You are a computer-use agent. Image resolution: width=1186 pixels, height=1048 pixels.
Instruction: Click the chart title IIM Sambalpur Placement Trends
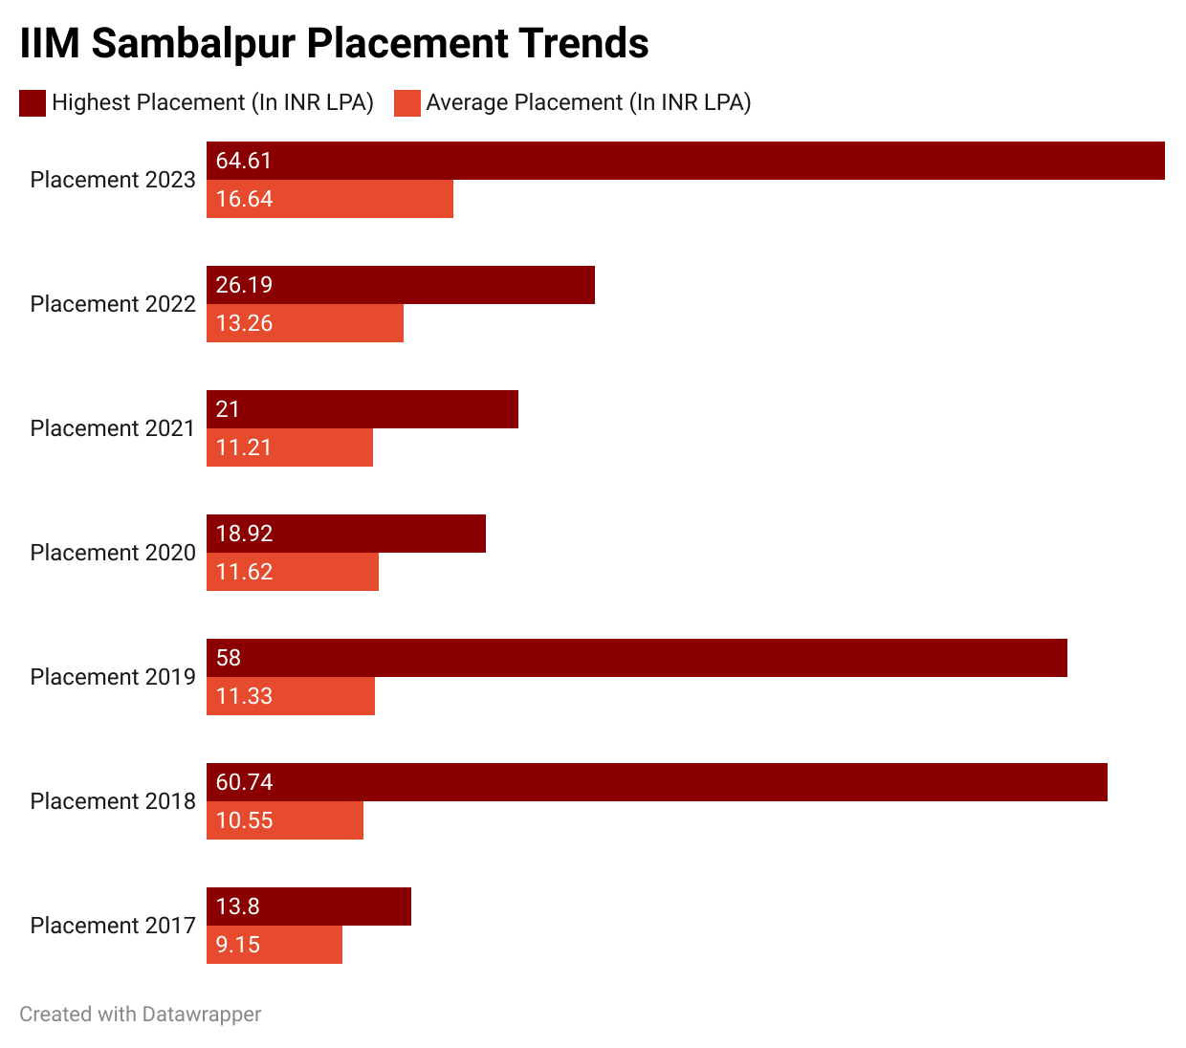[334, 43]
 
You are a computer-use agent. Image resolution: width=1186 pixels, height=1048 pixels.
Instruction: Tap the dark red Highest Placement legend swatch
[33, 103]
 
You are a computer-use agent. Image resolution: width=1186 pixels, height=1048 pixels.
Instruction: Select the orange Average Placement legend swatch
[407, 103]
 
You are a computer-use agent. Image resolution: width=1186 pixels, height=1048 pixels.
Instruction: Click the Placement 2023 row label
[113, 180]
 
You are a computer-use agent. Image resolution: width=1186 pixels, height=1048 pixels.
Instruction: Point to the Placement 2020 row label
[113, 553]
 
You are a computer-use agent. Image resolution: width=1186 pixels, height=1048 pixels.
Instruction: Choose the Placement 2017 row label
[113, 926]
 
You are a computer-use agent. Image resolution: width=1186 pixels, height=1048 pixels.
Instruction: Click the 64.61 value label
[244, 161]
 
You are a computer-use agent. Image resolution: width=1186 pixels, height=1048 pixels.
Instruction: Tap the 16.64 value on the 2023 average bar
[244, 199]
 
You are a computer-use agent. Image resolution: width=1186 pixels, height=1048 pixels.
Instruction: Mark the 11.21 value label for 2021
[244, 448]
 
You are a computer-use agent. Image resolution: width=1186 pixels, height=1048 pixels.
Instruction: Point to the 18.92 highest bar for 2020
[345, 534]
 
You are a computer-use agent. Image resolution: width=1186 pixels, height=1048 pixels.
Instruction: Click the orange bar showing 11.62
[292, 572]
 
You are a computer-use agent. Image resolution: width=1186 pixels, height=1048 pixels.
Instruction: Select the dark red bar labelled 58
[636, 658]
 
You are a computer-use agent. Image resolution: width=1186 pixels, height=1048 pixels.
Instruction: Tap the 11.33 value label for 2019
[244, 696]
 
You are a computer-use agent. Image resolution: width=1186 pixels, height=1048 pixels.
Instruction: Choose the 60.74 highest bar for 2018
[656, 782]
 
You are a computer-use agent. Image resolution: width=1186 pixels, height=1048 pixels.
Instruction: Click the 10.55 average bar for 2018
[284, 820]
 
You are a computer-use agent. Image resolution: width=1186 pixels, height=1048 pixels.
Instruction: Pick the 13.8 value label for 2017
[237, 906]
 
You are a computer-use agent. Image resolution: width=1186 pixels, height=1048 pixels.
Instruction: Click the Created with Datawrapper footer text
[140, 1015]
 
